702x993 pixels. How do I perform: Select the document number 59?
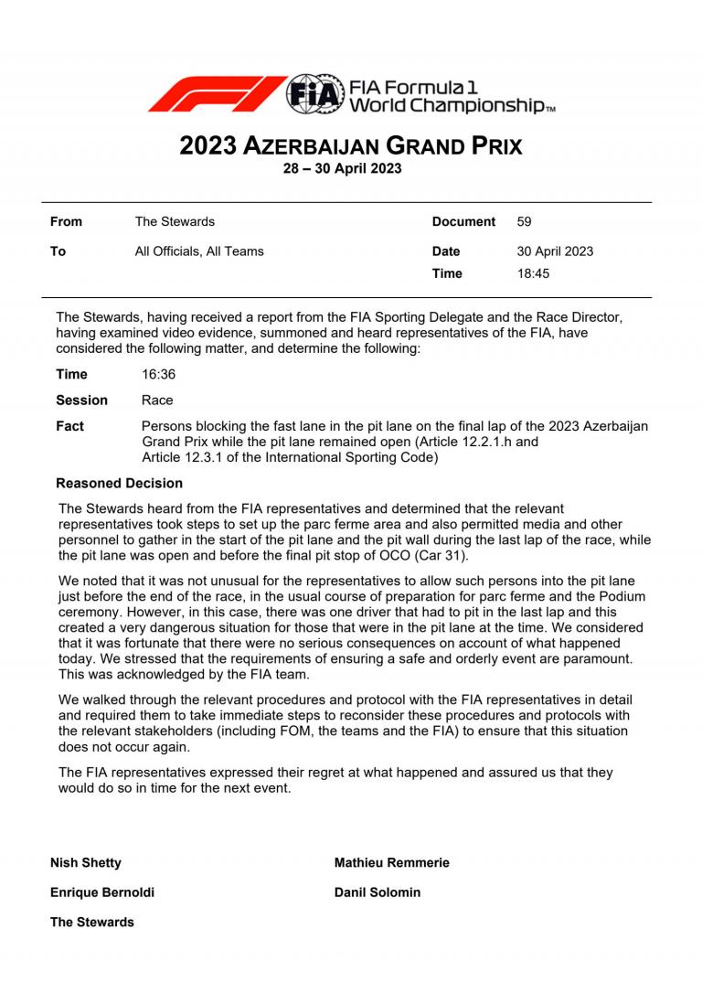524,221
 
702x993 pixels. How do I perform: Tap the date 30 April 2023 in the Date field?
555,251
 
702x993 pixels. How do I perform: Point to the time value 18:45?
535,273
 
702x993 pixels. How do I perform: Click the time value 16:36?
158,374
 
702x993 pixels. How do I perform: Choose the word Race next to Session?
157,400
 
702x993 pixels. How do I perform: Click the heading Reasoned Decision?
119,483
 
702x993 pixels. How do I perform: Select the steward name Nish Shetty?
85,862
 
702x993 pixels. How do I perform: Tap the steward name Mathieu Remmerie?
391,862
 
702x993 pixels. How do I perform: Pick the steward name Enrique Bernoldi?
101,892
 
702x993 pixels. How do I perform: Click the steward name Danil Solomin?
378,892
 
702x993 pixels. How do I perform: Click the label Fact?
69,427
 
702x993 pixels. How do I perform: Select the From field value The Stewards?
175,221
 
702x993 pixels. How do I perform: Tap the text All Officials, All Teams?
198,251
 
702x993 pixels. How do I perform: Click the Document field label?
463,221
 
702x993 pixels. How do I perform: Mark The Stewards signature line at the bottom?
91,922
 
